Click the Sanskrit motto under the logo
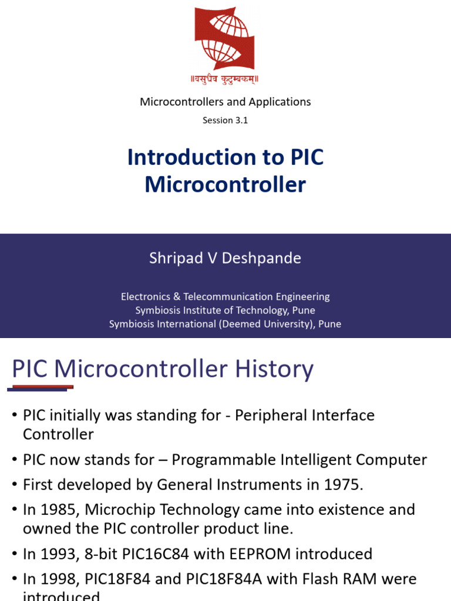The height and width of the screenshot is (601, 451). tap(225, 78)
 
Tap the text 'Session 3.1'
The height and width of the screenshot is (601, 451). tap(225, 120)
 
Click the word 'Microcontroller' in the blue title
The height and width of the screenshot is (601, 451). tap(225, 185)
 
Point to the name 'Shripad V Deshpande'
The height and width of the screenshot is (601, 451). tap(225, 258)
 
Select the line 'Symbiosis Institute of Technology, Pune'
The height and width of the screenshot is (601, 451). tap(225, 310)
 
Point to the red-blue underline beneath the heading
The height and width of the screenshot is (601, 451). tap(40, 388)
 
